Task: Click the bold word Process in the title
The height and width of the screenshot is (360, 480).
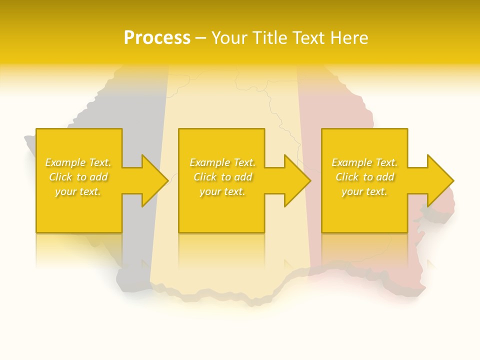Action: point(157,38)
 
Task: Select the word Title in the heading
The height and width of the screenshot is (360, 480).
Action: point(269,38)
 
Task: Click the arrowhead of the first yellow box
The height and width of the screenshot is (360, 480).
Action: point(154,180)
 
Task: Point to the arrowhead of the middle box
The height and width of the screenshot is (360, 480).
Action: point(297,180)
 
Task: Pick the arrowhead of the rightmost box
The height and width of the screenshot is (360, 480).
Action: point(440,180)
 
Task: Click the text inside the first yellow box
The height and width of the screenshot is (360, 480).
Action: point(78,177)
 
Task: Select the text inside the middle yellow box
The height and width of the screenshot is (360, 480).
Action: point(222,177)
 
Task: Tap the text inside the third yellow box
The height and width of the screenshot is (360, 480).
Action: point(364,177)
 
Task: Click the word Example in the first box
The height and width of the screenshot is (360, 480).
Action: point(64,162)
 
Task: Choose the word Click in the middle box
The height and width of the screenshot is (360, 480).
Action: point(205,177)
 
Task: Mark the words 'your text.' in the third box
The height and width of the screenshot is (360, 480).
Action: point(364,191)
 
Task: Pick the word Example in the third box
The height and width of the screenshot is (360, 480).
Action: point(351,162)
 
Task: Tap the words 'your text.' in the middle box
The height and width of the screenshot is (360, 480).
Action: point(222,191)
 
